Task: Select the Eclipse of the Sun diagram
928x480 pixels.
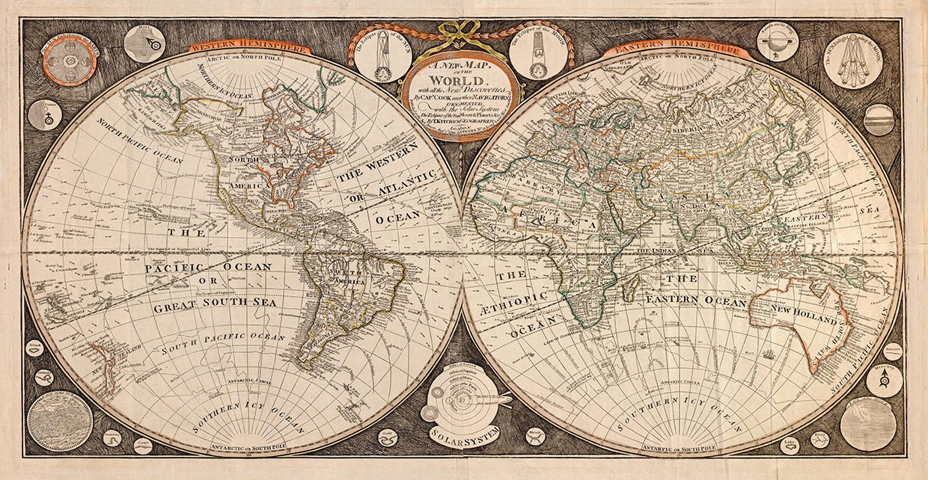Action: pyautogui.click(x=382, y=54)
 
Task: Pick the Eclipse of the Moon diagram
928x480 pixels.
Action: pyautogui.click(x=537, y=54)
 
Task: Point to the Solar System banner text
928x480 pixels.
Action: pyautogui.click(x=465, y=431)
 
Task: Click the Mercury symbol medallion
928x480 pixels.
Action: pyautogui.click(x=884, y=381)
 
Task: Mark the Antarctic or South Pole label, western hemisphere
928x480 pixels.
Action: pyautogui.click(x=243, y=447)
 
